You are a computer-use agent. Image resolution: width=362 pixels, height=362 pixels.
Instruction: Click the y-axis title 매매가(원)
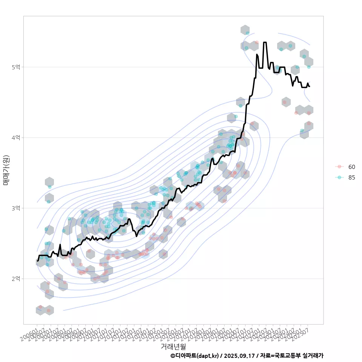click(6, 170)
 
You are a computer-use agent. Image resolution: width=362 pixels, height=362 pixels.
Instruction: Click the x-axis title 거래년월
click(173, 346)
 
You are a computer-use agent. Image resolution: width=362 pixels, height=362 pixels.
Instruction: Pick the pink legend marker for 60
click(339, 167)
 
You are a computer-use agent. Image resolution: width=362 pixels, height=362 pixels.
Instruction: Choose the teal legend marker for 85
click(339, 178)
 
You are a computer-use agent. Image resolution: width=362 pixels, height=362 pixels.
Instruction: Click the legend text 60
click(352, 167)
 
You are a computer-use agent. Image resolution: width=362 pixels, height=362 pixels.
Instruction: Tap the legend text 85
click(352, 178)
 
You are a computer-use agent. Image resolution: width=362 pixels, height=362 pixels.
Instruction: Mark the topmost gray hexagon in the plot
click(245, 30)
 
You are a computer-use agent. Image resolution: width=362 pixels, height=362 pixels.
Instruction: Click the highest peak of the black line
click(265, 42)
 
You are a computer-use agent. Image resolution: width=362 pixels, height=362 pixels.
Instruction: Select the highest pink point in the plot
click(257, 42)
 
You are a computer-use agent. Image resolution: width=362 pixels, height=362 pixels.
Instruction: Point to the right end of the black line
click(309, 87)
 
